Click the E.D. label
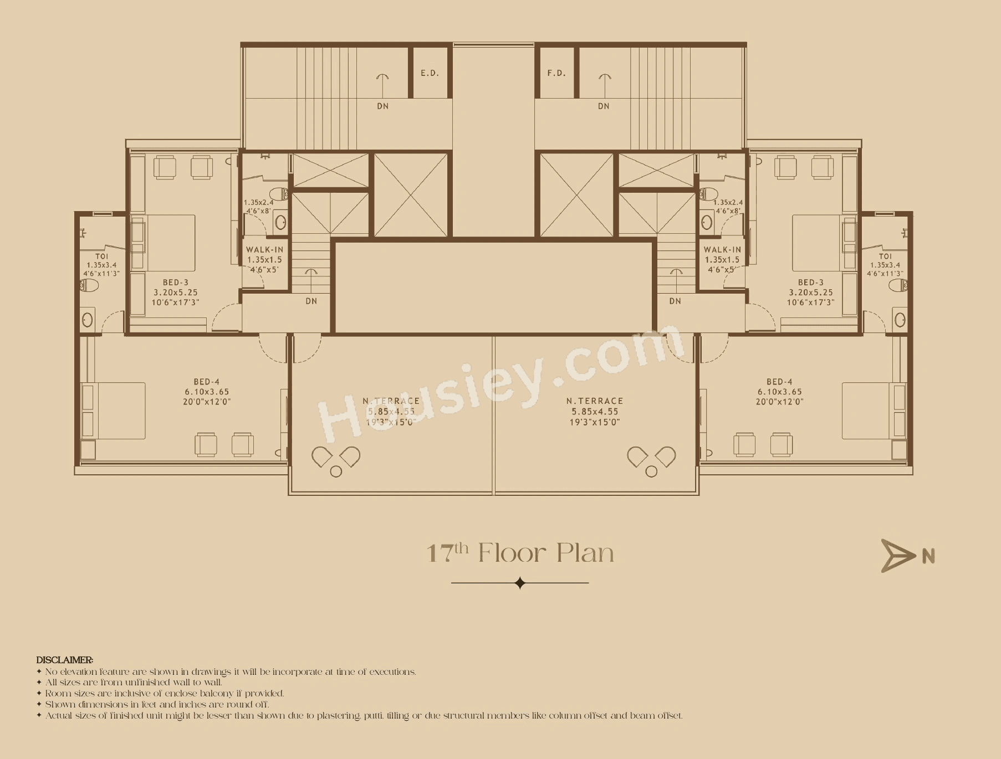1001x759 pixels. (430, 73)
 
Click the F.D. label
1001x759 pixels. (556, 73)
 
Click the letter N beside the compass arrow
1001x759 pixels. (928, 556)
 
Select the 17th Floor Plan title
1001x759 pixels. (520, 553)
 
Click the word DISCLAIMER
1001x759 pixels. (64, 660)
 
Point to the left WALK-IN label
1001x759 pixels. (264, 250)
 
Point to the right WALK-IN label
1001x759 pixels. (722, 250)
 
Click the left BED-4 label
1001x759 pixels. (207, 382)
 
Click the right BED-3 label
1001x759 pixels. (811, 283)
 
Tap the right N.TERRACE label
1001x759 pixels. (594, 401)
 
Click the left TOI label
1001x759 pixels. (101, 257)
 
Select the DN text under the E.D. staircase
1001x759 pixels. (382, 106)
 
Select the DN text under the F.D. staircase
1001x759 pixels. (604, 106)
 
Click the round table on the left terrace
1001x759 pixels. (335, 471)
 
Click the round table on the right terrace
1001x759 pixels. (651, 471)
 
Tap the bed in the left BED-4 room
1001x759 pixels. (114, 411)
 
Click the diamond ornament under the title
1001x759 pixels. (520, 583)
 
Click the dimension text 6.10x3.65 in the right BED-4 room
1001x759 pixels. (779, 392)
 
